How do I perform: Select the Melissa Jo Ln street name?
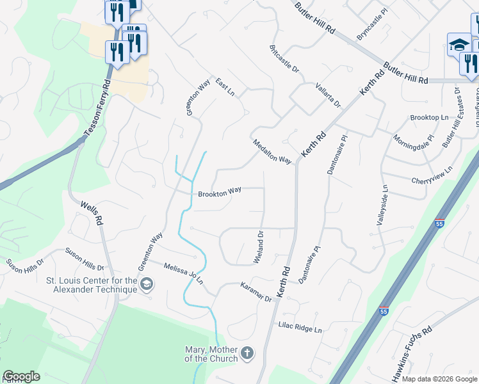[x=183, y=273]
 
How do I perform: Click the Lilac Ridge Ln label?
[x=300, y=328]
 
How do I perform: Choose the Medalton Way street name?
[x=272, y=151]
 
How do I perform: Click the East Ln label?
[x=225, y=87]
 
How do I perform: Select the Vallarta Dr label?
[x=329, y=95]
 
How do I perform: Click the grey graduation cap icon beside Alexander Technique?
[x=147, y=284]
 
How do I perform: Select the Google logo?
[x=21, y=376]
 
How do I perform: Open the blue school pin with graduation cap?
[x=459, y=45]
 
